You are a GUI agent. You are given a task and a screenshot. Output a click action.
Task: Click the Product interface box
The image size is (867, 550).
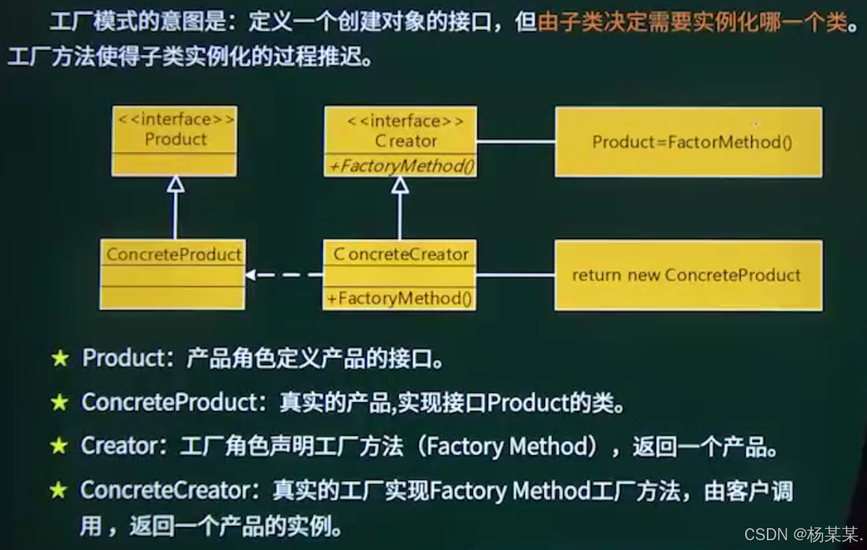point(174,141)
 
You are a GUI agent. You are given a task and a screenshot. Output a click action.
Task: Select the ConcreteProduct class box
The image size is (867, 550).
point(172,275)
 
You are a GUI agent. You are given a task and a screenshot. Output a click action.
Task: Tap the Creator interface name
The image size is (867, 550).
point(405,141)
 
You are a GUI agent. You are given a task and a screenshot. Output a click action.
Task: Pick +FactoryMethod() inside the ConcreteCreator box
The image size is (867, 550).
point(400,298)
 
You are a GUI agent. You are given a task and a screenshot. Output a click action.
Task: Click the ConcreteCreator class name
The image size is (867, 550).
point(401,255)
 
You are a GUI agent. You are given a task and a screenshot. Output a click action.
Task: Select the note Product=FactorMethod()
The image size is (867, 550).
point(688,142)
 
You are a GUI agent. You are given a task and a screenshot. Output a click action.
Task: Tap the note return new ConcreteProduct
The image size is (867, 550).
point(688,275)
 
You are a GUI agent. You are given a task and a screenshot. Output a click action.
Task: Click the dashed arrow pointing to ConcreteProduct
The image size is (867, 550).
point(284,275)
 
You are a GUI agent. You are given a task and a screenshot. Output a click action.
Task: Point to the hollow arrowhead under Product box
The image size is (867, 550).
point(175,184)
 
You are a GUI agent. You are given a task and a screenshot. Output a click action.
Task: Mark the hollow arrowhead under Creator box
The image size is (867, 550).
point(400,185)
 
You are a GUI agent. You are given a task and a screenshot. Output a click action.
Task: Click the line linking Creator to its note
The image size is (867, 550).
point(516,141)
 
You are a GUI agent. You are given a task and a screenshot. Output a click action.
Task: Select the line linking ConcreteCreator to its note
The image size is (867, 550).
point(516,275)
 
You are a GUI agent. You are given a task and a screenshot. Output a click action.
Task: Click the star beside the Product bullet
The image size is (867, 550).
point(60,358)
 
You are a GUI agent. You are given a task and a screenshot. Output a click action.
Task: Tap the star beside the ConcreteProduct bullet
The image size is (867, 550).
point(59,403)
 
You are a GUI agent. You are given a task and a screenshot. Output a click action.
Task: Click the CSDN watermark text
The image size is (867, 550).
point(803,534)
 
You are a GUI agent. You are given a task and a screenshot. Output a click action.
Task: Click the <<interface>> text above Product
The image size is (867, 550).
point(174,120)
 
